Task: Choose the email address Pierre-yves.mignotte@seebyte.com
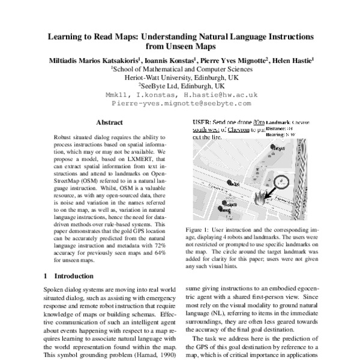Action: coord(181,103)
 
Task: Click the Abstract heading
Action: coord(109,122)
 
